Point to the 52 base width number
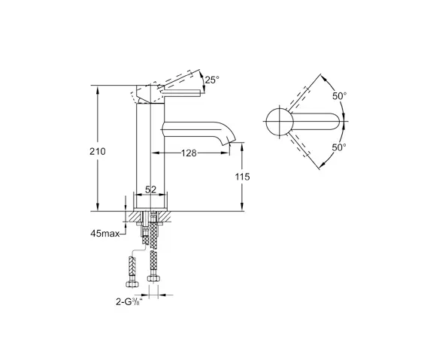(150, 190)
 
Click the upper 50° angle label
(340, 95)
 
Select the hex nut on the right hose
(154, 279)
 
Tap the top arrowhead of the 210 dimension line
(98, 84)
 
